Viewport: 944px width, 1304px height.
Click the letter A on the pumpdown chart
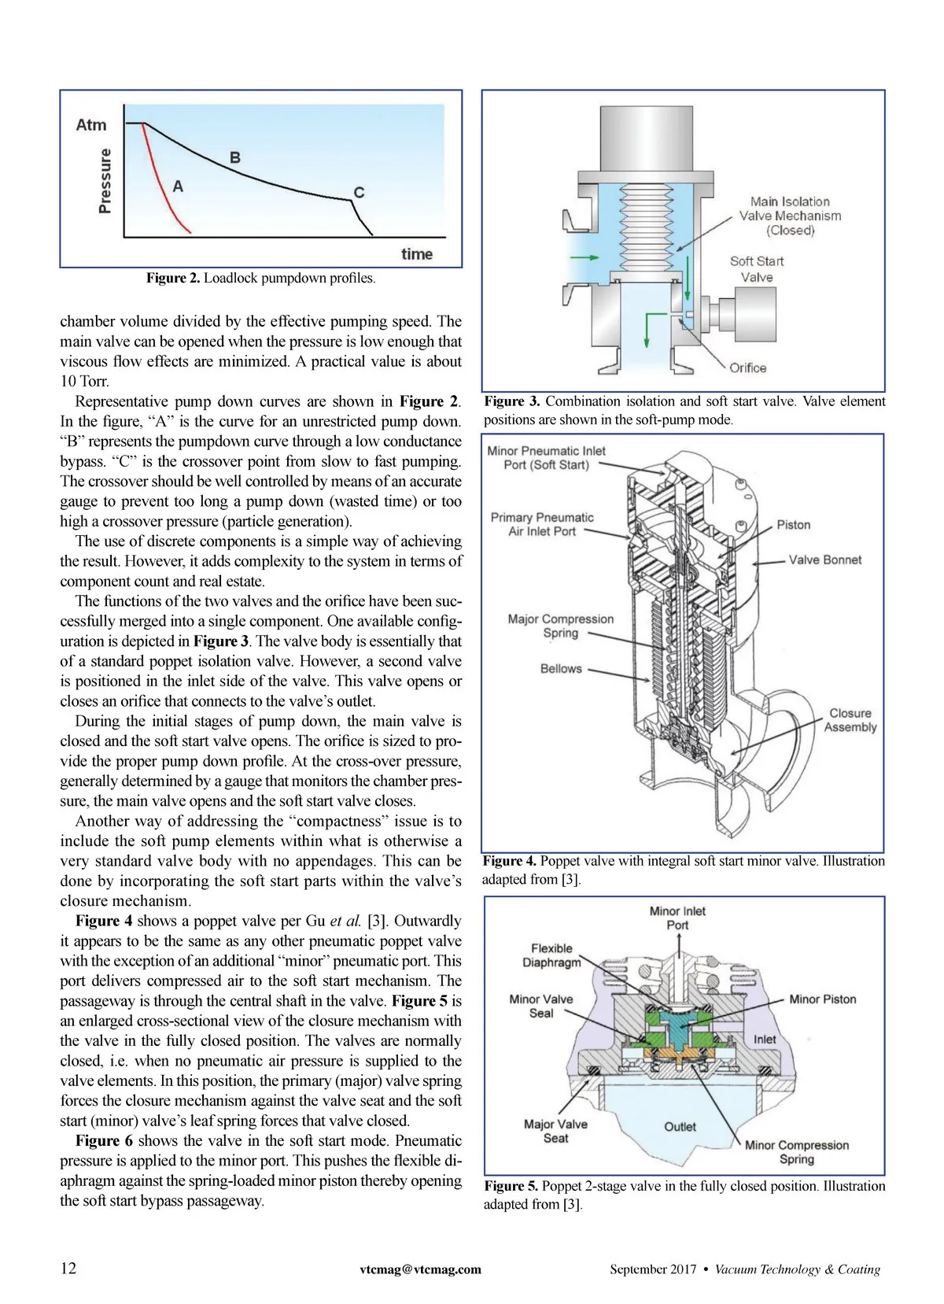coord(178,187)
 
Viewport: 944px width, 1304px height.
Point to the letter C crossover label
coord(359,192)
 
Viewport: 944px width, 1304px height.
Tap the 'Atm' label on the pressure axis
coord(91,125)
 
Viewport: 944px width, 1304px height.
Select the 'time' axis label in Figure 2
coord(417,254)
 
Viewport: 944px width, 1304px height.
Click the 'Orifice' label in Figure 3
coord(747,368)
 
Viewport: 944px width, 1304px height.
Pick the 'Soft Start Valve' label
coord(757,269)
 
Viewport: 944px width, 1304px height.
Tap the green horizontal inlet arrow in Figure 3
coord(584,257)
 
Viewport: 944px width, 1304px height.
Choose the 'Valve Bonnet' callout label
coord(825,560)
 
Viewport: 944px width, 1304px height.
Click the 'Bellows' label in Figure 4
coord(561,669)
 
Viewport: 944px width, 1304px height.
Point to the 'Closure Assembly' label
coord(850,720)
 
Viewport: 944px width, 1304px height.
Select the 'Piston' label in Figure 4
coord(793,525)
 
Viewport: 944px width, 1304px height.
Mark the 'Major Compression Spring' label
coord(561,626)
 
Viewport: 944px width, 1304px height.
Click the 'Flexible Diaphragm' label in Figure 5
coord(551,955)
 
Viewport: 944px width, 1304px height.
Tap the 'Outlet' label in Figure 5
coord(680,1126)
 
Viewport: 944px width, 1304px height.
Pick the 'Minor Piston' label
coord(823,999)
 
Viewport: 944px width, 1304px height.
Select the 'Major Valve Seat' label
coord(555,1131)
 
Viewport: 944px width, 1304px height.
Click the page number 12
coord(69,1268)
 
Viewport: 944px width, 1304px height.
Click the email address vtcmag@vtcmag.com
coord(420,1269)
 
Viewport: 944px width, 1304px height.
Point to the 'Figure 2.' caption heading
coord(173,279)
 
